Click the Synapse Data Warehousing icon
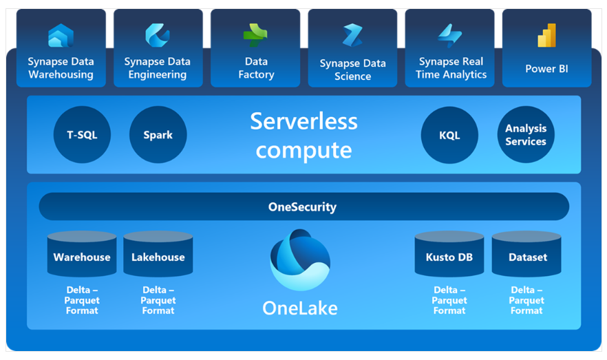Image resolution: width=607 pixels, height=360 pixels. pos(61,35)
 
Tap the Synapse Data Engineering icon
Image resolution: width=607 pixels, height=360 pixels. pos(157,35)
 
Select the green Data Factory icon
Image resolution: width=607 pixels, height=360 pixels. pos(255,34)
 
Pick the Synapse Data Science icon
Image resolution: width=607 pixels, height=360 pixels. pos(352,35)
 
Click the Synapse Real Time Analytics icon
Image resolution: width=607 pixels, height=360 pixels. pos(450,34)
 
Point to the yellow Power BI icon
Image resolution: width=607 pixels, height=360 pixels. pos(546,35)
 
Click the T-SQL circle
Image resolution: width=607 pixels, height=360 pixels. pos(82,135)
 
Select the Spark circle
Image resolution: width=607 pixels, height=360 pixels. pos(158,135)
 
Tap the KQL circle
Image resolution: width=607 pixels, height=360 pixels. pos(449,135)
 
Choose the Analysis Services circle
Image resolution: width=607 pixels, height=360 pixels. pos(526,135)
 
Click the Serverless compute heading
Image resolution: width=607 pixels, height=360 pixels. pos(303,135)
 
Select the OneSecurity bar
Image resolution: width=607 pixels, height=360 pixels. pos(303,207)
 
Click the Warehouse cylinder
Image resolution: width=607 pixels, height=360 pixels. pos(82,255)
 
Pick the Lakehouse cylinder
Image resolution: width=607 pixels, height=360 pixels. pos(158,255)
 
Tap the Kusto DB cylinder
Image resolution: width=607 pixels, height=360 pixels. pos(449,255)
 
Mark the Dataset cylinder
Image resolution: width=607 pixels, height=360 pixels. pos(527,255)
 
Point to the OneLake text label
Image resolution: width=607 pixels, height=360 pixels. pos(300,308)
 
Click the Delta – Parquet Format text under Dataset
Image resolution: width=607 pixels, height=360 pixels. pos(527,300)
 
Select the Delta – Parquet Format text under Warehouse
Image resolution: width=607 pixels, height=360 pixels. pos(82,300)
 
